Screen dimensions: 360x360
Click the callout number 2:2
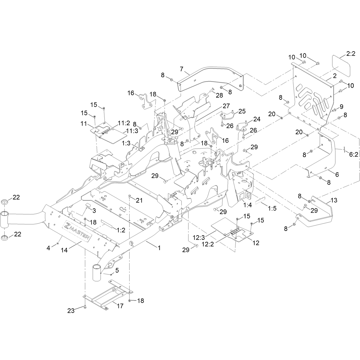[x=351, y=54]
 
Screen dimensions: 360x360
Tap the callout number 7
[x=182, y=69]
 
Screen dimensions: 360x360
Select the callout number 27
[x=226, y=106]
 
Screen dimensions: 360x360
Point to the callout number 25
[x=242, y=111]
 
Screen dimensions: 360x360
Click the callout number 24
[x=257, y=119]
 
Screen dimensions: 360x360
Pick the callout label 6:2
[x=354, y=154]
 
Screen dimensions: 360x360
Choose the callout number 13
[x=334, y=200]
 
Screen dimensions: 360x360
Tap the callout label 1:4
[x=247, y=205]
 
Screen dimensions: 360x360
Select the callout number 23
[x=71, y=311]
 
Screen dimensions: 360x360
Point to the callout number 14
[x=64, y=250]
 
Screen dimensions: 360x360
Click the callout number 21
[x=139, y=200]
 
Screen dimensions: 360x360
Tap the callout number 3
[x=94, y=211]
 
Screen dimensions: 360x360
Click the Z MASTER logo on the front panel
[x=77, y=230]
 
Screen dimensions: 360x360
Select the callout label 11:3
[x=132, y=131]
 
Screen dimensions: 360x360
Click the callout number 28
[x=219, y=95]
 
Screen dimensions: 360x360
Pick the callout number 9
[x=341, y=107]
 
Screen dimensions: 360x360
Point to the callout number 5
[x=117, y=270]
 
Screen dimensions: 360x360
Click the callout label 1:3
[x=126, y=143]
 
